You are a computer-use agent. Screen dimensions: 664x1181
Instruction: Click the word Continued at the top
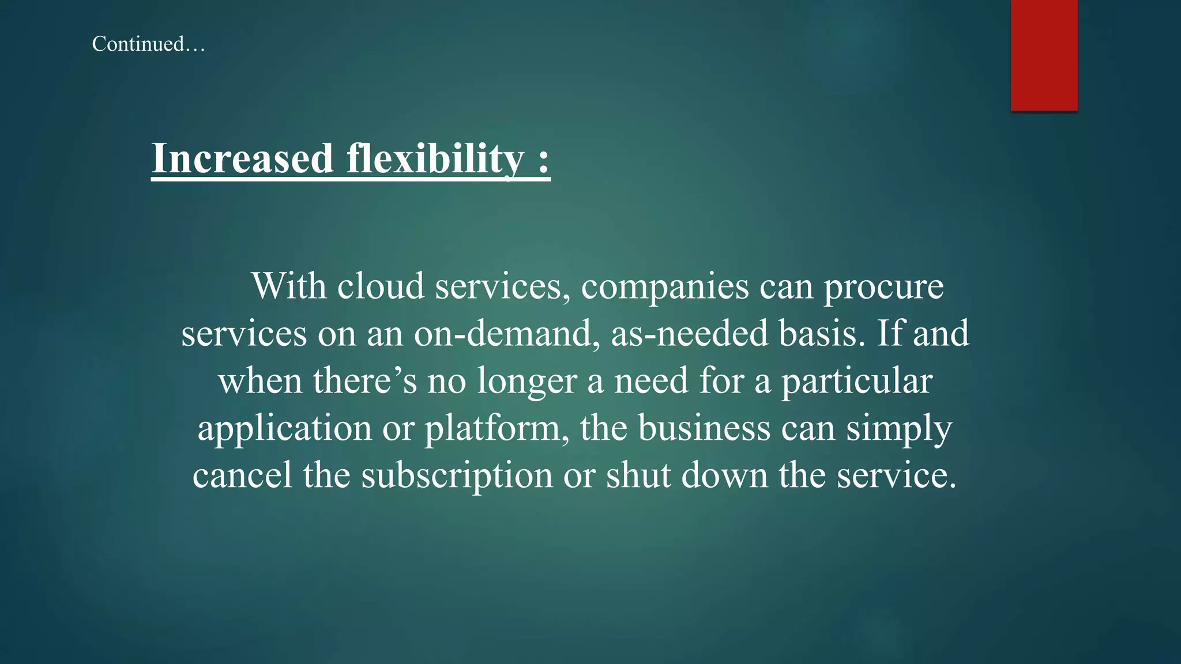tap(138, 44)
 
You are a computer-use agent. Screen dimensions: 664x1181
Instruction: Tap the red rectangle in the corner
tap(1044, 55)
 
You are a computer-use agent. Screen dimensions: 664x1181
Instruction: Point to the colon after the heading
tap(543, 160)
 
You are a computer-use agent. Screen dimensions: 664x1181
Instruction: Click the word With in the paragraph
tap(289, 286)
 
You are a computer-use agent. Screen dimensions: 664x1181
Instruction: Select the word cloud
tap(381, 286)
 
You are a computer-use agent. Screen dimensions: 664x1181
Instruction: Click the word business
tap(704, 428)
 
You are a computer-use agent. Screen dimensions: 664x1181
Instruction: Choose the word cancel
tap(243, 476)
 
